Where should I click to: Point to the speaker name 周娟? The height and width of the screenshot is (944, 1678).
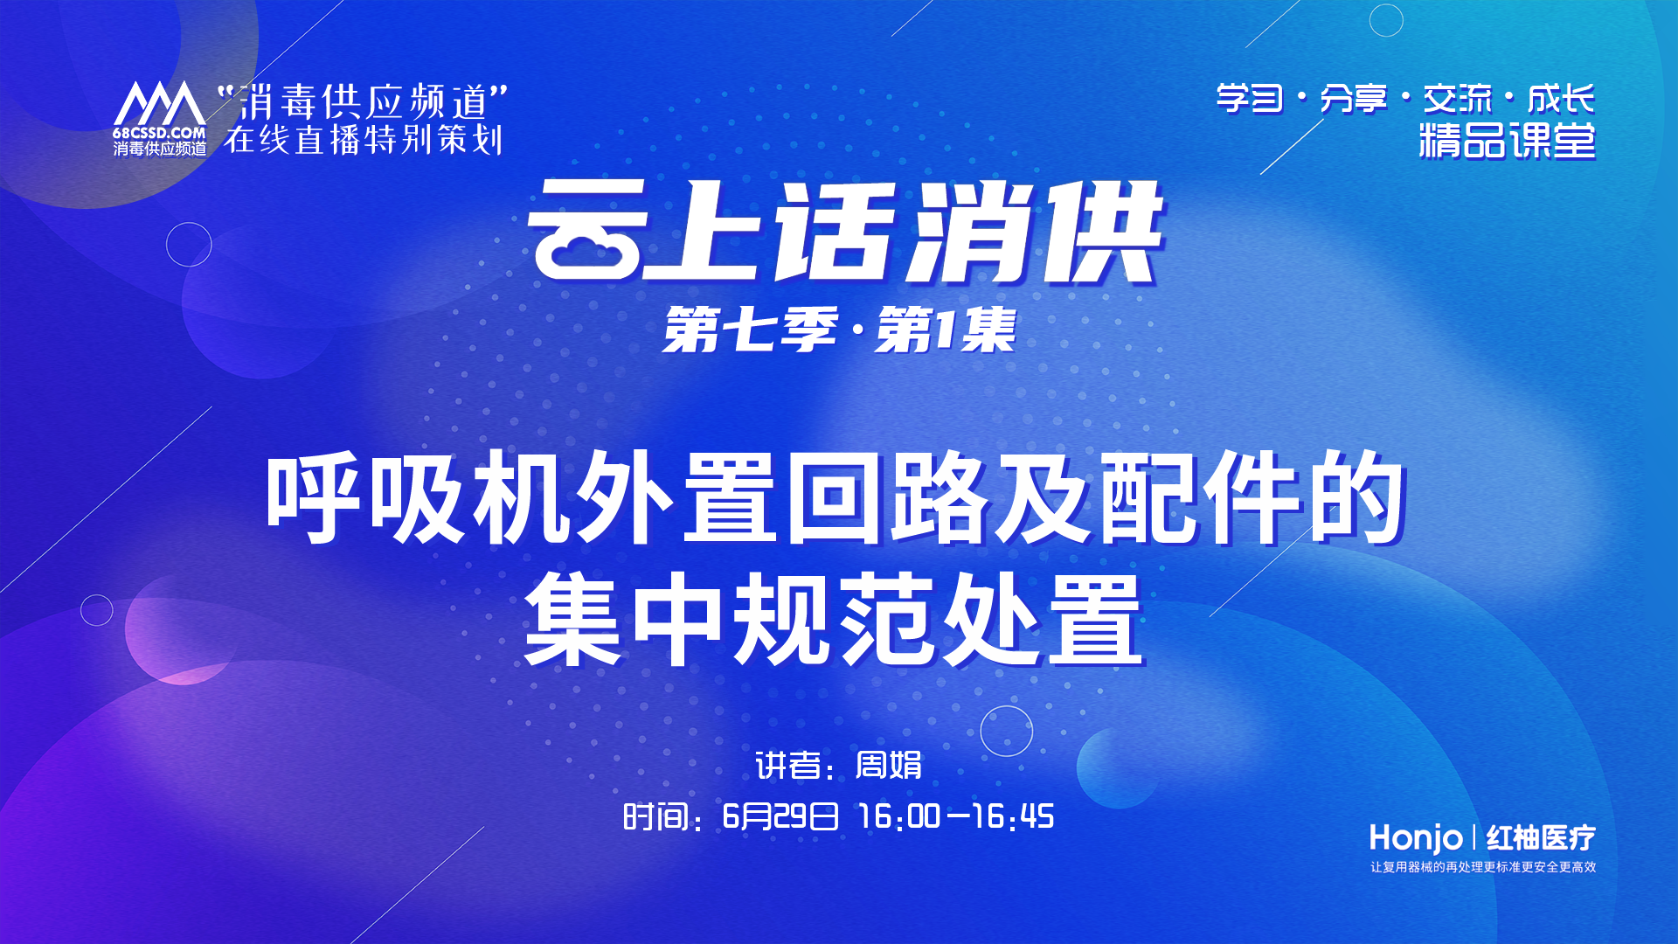pos(888,765)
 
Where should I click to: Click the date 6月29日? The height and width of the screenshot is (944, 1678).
pos(780,816)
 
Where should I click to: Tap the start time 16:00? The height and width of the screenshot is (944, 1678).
pos(899,816)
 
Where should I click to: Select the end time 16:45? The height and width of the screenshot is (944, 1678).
pos(1013,816)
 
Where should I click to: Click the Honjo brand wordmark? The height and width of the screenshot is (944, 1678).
pos(1416,838)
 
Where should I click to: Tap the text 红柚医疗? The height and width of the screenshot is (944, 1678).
pos(1541,838)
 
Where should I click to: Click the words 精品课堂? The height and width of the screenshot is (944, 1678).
pos(1507,141)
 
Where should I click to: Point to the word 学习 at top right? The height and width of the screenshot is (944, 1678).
pos(1250,99)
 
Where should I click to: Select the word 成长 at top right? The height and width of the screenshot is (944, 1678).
pos(1561,99)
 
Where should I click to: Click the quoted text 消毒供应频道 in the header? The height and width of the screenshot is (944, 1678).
pos(362,102)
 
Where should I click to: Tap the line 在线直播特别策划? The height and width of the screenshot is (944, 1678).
pos(364,140)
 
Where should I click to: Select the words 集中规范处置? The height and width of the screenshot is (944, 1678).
pos(835,620)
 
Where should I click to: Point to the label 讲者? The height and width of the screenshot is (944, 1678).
pos(787,766)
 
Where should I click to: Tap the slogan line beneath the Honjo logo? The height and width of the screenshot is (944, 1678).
pos(1483,867)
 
